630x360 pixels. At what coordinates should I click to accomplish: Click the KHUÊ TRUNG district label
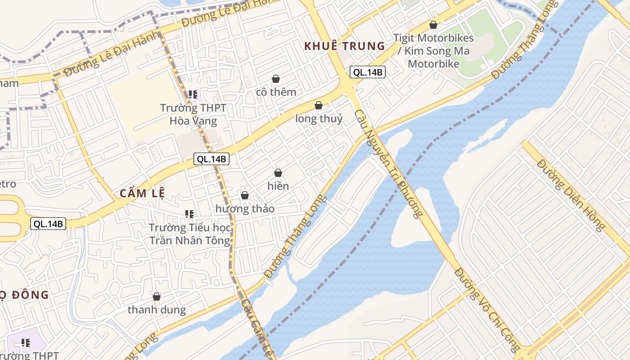345,46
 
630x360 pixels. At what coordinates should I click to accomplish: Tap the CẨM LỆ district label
142,193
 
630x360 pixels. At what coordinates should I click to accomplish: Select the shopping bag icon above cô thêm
276,79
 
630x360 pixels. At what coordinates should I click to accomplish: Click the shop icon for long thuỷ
319,105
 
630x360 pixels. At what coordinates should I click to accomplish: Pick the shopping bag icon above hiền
278,173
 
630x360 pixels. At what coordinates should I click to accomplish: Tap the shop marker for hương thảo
245,195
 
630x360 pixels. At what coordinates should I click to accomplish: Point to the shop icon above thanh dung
157,297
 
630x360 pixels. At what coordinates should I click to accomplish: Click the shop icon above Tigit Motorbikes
433,25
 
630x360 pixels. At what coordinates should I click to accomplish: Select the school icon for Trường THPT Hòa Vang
193,94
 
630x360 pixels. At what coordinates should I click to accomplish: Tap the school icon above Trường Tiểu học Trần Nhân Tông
189,214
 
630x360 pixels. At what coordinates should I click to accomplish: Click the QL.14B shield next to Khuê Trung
368,72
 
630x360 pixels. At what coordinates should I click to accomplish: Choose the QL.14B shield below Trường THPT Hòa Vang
211,158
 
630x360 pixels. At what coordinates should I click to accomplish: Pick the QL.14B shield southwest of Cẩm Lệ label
49,224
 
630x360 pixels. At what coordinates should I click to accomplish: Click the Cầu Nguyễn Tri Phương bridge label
389,164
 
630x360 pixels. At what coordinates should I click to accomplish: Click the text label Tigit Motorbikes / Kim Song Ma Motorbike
433,51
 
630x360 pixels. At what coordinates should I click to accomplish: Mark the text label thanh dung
157,310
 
